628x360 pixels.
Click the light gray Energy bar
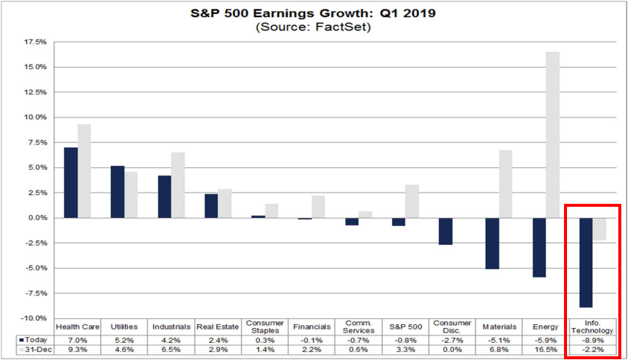[553, 135]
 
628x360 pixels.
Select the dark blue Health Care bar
[71, 182]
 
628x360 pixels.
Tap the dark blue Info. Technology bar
[587, 262]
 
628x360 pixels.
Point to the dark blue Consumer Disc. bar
[446, 231]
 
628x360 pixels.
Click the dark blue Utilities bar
[117, 191]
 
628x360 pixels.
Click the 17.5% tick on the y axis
[35, 42]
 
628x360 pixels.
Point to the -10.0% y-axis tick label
[34, 318]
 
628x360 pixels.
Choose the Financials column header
[312, 327]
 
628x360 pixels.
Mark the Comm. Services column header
[359, 327]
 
